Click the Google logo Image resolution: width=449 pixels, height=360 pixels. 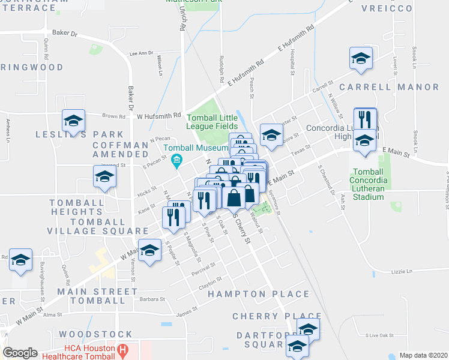tap(20, 353)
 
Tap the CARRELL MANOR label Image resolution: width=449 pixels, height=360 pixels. tap(389, 87)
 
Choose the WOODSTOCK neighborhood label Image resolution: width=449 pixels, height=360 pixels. tap(96, 334)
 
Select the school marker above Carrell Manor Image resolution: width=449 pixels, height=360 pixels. tap(360, 58)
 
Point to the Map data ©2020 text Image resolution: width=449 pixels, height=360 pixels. tap(423, 355)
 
